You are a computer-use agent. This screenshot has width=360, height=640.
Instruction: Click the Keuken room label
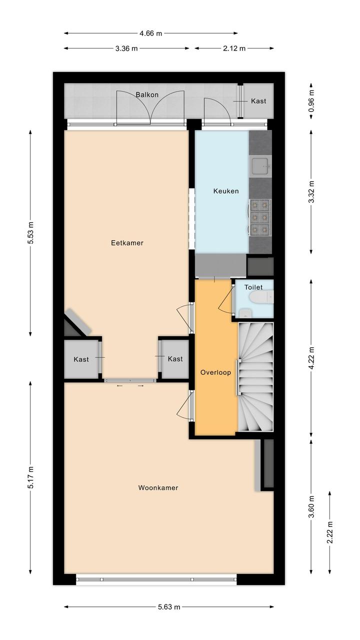(x=226, y=191)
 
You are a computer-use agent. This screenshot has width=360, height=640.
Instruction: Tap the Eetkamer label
(x=127, y=243)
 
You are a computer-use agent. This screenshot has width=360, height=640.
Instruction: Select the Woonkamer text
(x=158, y=488)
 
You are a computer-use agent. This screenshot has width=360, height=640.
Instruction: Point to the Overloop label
(x=215, y=372)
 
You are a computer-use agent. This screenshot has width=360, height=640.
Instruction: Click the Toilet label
(x=253, y=287)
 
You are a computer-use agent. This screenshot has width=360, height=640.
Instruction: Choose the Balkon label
(x=147, y=95)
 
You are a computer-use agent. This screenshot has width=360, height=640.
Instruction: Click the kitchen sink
(x=260, y=166)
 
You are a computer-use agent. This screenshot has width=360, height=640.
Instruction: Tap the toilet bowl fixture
(x=261, y=297)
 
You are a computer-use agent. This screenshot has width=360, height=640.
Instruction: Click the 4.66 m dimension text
(x=150, y=34)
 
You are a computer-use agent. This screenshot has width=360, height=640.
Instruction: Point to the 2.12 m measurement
(x=234, y=49)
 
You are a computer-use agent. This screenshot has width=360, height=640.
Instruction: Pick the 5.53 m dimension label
(x=30, y=233)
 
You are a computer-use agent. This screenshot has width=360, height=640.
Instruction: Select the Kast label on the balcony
(x=258, y=101)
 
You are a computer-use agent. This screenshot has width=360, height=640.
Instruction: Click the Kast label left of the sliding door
(x=81, y=359)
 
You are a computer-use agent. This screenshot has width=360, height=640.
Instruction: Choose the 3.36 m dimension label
(x=126, y=49)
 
